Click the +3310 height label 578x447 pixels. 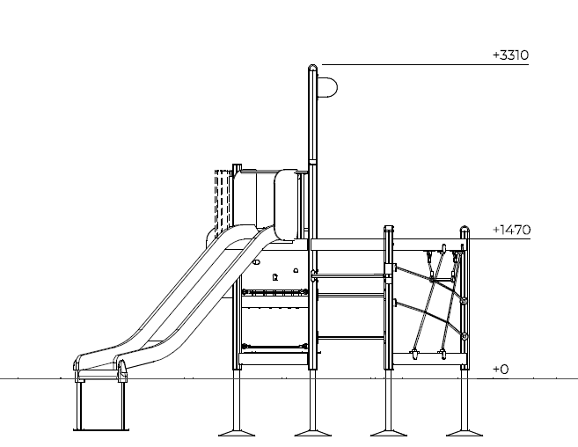point(510,55)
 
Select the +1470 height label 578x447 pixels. point(512,231)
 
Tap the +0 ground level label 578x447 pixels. point(501,370)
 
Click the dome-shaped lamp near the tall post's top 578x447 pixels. point(327,87)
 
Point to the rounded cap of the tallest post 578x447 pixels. point(312,67)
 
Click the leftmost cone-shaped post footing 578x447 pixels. point(237,433)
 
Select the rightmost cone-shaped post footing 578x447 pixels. point(465,433)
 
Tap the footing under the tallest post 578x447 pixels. point(312,433)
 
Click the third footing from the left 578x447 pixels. point(389,433)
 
